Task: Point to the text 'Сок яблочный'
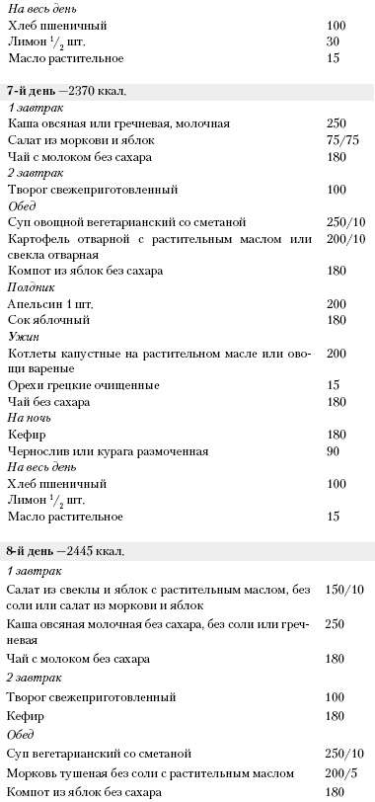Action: click(x=42, y=320)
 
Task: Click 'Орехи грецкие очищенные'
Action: click(x=69, y=385)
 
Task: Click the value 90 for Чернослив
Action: click(x=332, y=451)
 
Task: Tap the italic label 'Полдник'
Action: click(x=29, y=286)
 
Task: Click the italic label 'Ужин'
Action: click(x=21, y=336)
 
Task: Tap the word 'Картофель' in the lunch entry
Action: click(x=38, y=238)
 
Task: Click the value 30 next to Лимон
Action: click(x=332, y=40)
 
